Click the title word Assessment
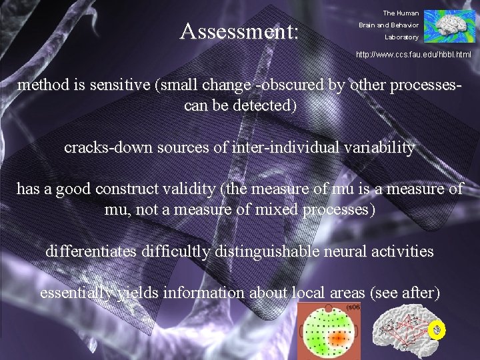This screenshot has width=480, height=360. tap(239, 31)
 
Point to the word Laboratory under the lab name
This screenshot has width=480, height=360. tap(401, 37)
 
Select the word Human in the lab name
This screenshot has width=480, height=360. tap(408, 13)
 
